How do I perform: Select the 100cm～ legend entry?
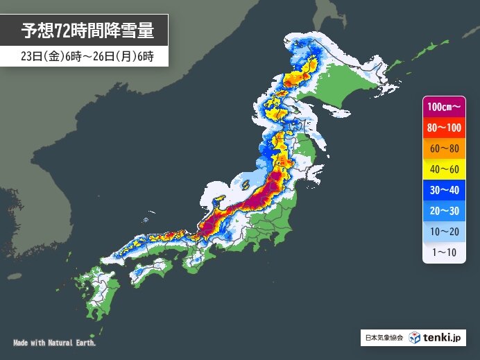click(x=444, y=108)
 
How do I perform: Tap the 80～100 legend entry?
click(x=444, y=128)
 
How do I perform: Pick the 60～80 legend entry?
click(x=444, y=149)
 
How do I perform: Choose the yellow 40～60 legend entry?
click(x=444, y=170)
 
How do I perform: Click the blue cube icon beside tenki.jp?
click(x=414, y=338)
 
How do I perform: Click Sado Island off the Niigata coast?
click(x=243, y=184)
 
